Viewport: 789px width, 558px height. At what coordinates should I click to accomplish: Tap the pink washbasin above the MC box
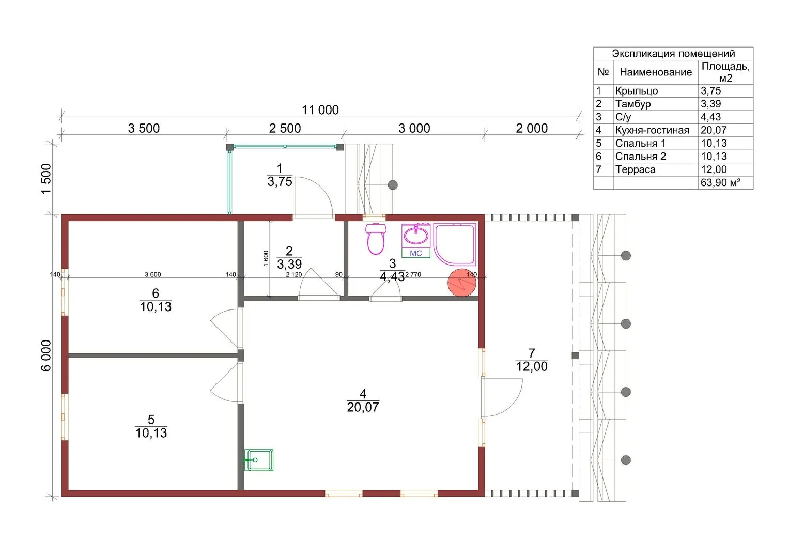(416, 235)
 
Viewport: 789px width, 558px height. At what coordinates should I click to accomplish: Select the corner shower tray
(455, 244)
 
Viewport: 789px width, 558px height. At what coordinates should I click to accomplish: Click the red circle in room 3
(462, 283)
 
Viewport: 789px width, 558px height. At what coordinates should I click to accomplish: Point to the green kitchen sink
(259, 460)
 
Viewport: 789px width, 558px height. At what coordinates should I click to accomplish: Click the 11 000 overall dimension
(320, 110)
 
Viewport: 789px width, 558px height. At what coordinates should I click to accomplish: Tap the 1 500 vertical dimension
(46, 179)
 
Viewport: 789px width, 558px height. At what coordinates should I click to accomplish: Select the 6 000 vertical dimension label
(46, 355)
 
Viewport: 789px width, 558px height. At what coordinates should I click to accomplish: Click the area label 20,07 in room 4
(363, 407)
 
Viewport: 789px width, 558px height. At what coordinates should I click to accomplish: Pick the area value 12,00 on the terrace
(532, 366)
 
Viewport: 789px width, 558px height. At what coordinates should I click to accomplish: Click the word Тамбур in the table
(633, 104)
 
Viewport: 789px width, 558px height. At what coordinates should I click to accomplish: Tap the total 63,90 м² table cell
(721, 182)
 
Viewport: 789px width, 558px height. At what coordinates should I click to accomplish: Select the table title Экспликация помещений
(673, 54)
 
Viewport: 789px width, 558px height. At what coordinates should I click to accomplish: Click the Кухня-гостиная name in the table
(653, 130)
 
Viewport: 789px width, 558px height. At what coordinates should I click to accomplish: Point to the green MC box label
(416, 253)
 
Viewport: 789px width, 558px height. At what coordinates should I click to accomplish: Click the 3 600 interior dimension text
(153, 274)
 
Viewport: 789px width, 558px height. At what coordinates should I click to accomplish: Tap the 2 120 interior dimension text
(294, 274)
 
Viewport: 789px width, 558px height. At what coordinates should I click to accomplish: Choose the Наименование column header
(656, 72)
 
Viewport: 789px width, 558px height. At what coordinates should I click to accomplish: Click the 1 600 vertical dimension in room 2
(266, 258)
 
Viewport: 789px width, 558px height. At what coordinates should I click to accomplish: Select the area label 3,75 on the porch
(280, 182)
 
